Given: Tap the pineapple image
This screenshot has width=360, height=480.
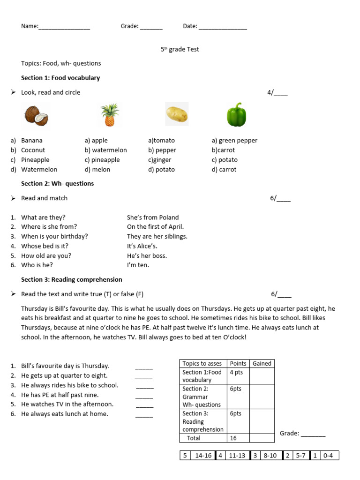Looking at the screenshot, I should (109, 115).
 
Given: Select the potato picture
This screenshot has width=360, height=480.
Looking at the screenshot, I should (177, 114).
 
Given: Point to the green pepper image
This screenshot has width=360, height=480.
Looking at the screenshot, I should (236, 114).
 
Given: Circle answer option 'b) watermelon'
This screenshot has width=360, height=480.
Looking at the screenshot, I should (105, 150).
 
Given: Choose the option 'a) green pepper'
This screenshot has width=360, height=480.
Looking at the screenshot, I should (234, 140).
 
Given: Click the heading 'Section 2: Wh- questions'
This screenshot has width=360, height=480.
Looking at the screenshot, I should (57, 183).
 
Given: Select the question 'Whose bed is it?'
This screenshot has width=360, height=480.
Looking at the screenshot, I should (45, 246).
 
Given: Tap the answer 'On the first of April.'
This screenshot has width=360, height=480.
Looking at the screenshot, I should (155, 227).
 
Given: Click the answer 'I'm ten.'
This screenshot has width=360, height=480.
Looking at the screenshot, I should (138, 265).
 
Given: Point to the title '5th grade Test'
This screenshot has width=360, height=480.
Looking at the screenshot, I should (180, 49).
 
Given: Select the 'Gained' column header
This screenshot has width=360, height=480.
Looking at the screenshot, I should (262, 363).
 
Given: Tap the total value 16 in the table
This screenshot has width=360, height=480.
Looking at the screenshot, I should (234, 438).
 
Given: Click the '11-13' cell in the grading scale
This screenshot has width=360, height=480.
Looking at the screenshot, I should (238, 456).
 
